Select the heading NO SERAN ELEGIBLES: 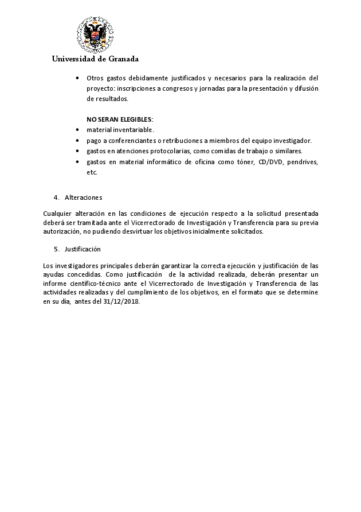(x=120, y=119)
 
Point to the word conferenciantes (x=133, y=141)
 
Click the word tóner (x=240, y=162)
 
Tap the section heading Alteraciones (x=84, y=197)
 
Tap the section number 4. (x=56, y=197)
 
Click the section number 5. (x=56, y=249)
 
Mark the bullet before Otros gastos (x=77, y=78)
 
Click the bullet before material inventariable (x=77, y=130)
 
